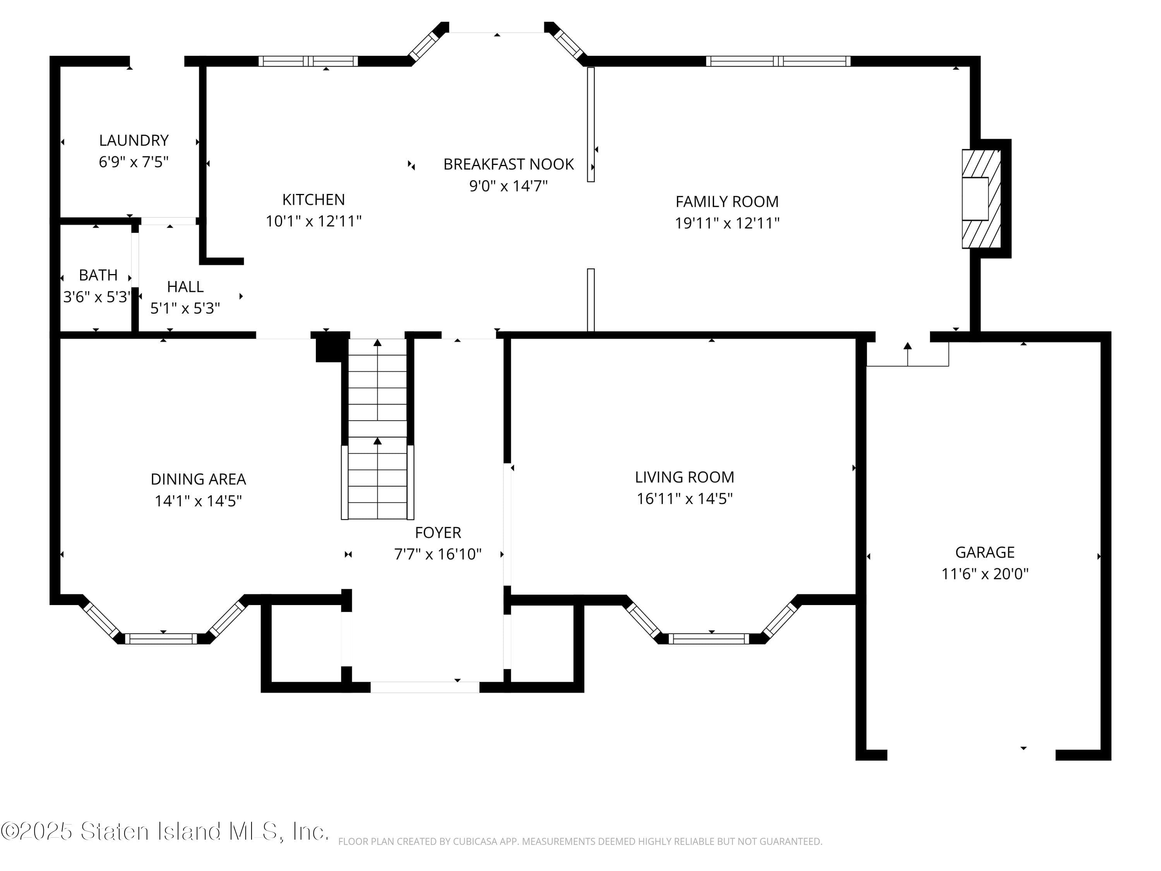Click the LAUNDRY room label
point(134,140)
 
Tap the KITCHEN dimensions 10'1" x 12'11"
point(313,221)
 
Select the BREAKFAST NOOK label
point(508,165)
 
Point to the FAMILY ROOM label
point(726,202)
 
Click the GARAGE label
point(984,552)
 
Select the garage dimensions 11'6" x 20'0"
point(984,574)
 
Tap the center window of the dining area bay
point(161,638)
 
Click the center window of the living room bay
point(709,638)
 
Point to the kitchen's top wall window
point(308,61)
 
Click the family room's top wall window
point(778,61)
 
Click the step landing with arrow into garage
point(907,354)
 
